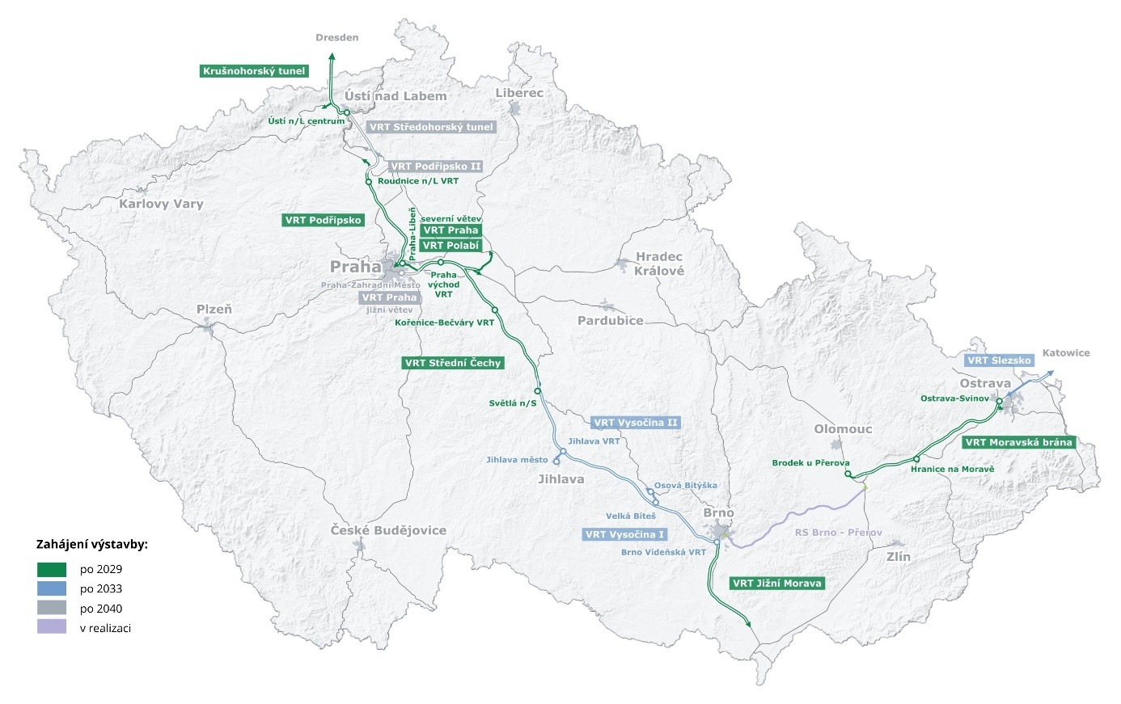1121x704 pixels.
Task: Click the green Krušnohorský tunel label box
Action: pos(254,71)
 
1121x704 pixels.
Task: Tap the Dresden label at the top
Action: pos(337,37)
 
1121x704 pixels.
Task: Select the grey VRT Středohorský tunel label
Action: pos(431,127)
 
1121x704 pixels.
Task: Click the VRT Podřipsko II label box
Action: pos(436,167)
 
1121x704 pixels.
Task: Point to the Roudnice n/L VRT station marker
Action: pos(369,181)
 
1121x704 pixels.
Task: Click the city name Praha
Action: pos(355,267)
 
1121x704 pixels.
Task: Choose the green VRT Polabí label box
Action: pos(451,246)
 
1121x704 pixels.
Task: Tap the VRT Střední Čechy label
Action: pos(454,363)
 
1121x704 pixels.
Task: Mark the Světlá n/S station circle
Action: pos(537,391)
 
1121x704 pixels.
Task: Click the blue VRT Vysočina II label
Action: pos(636,423)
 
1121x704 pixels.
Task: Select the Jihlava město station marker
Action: pos(556,461)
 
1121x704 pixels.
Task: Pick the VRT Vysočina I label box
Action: pos(625,534)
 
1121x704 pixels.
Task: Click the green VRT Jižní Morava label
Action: pos(776,583)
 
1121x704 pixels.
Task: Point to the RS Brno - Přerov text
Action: pos(838,533)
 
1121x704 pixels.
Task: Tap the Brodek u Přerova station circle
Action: pos(848,474)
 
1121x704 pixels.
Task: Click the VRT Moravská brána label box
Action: pos(1018,442)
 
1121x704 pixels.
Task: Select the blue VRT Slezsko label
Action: pos(1000,360)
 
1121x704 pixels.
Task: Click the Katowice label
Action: pos(1066,352)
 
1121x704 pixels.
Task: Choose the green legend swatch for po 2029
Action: pos(52,569)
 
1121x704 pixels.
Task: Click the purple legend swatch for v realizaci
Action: pos(52,627)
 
